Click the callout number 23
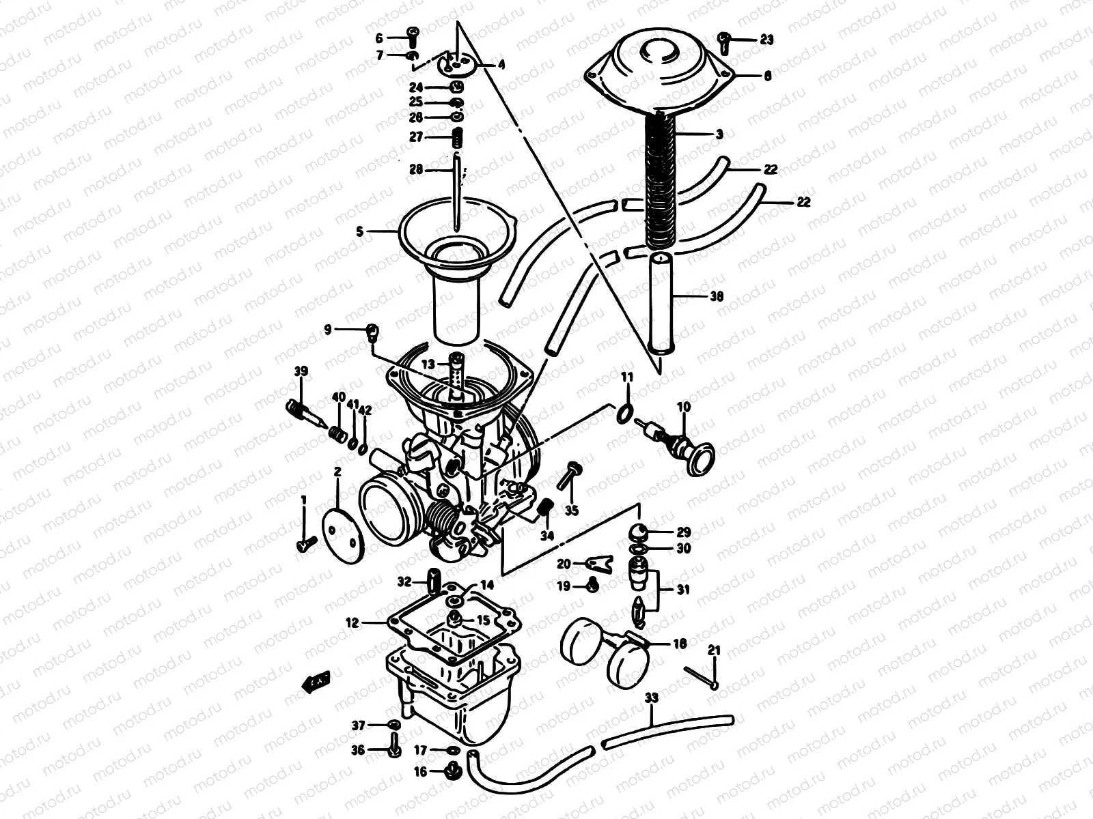(766, 40)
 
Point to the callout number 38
(717, 297)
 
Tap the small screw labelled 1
(305, 544)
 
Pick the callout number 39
(301, 372)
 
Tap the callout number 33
(652, 698)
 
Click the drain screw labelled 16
(450, 772)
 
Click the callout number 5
(359, 232)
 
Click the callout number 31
(682, 590)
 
